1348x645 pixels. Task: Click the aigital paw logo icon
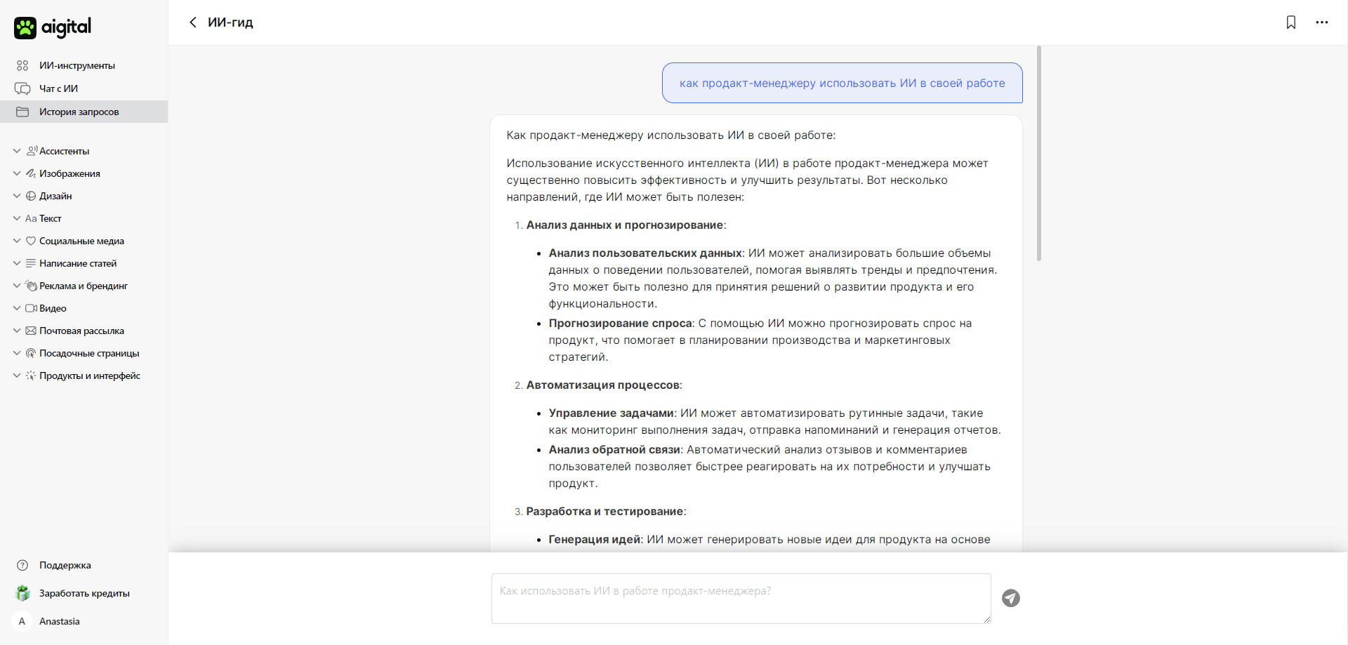pos(25,28)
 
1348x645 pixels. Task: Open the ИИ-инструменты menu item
pos(77,65)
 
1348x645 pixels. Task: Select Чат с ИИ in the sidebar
pos(58,88)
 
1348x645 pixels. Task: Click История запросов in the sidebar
pos(79,112)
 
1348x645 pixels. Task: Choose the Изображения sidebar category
pos(70,173)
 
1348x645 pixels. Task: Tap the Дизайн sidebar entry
pos(55,196)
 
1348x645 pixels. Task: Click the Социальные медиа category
pos(81,241)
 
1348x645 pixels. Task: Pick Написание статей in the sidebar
pos(78,263)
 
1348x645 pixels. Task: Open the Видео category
pos(53,308)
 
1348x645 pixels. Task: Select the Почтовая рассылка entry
pos(81,331)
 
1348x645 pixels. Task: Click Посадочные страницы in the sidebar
pos(89,353)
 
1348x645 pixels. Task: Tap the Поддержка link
pos(65,565)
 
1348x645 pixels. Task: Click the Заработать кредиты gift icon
pos(23,593)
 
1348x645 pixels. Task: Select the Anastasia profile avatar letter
pos(22,621)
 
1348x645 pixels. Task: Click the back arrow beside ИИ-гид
pos(193,22)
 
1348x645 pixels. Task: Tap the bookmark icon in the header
pos(1290,22)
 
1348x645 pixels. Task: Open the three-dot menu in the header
pos(1321,22)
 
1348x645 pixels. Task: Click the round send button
pos(1010,598)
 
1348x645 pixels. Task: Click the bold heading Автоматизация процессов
pos(602,385)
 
